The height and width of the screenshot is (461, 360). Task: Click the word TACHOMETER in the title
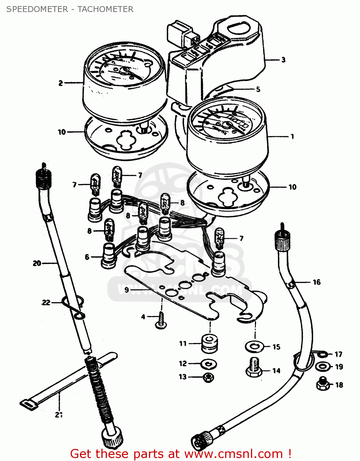pos(105,9)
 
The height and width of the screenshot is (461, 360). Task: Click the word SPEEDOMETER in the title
pos(37,9)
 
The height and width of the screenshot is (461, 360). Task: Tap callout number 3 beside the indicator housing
pos(283,60)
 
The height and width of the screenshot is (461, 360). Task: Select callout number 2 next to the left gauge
pos(61,83)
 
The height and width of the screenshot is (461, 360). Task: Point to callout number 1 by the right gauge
pos(292,136)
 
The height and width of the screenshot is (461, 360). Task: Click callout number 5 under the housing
pos(258,89)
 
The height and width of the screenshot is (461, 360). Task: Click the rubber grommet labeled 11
pos(209,342)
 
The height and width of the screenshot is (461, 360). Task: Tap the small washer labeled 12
pos(209,364)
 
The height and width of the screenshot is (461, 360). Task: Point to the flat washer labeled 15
pos(254,347)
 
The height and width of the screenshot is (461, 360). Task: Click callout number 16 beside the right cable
pos(316,282)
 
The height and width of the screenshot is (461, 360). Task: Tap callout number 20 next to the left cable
pos(37,263)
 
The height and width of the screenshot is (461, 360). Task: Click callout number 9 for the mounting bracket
pos(127,290)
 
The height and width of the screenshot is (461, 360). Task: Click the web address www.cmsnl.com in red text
pos(233,454)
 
